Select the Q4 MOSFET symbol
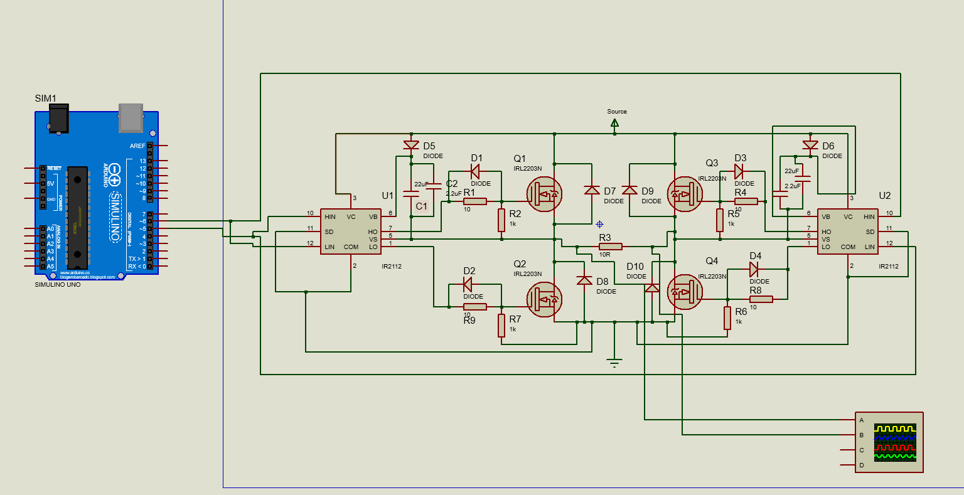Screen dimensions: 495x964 click(684, 292)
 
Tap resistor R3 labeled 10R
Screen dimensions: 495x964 click(610, 247)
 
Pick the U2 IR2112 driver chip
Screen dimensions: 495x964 click(847, 232)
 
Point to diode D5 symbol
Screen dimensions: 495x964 click(411, 146)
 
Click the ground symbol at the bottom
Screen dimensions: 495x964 click(614, 363)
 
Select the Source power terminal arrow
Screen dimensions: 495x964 click(614, 124)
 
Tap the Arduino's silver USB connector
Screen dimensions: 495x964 click(131, 117)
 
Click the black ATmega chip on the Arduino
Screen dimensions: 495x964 click(77, 212)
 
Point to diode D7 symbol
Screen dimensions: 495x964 click(592, 189)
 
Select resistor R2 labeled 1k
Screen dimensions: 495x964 click(501, 220)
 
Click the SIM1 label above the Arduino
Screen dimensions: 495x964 click(46, 98)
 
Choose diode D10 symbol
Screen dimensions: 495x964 click(652, 287)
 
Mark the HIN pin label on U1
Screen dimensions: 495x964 click(329, 217)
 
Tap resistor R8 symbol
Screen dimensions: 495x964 click(761, 299)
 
